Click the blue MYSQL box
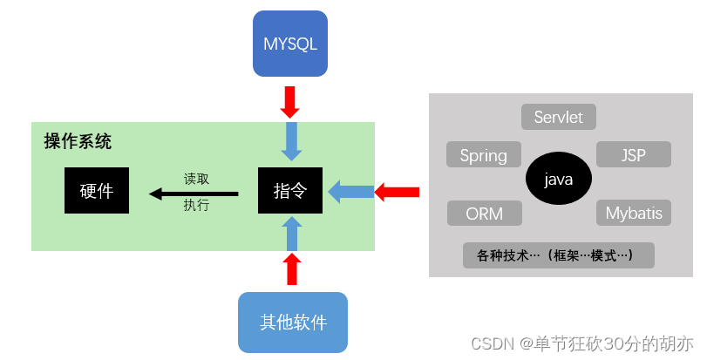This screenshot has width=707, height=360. point(290,43)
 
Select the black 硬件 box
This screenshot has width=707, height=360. point(97,190)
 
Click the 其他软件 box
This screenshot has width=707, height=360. point(293,322)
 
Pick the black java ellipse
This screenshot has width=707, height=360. point(558,180)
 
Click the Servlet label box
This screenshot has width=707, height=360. point(558,117)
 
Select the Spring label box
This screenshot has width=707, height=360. point(483,155)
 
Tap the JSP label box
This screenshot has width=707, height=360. point(634,154)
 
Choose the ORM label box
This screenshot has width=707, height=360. point(484,214)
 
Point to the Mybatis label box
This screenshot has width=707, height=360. point(634,214)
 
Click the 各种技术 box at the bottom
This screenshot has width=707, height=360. point(558,255)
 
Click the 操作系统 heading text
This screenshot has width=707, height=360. point(78,141)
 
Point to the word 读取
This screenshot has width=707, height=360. point(196,178)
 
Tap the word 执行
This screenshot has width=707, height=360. point(196,206)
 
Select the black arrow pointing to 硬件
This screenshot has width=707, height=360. point(193,193)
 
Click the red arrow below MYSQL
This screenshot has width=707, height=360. point(290,101)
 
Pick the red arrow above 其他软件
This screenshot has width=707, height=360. point(293,269)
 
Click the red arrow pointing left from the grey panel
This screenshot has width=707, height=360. point(398,191)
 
